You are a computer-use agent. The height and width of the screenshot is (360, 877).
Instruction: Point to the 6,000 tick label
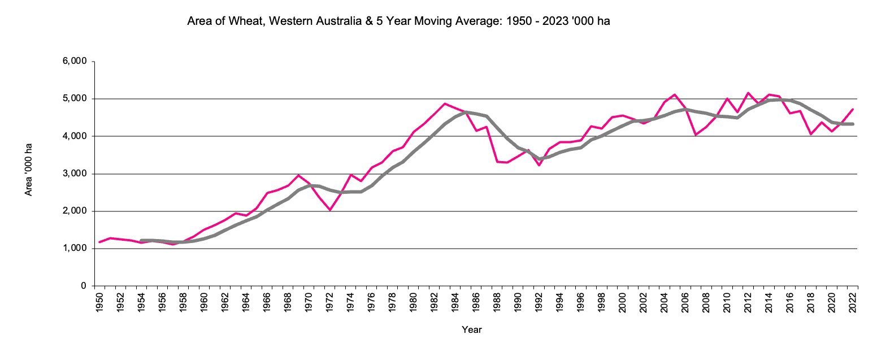click(75, 62)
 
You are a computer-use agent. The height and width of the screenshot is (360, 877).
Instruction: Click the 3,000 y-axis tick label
click(75, 174)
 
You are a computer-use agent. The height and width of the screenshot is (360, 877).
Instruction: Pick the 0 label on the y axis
click(83, 286)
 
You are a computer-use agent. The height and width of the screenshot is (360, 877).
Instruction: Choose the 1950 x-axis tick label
click(99, 300)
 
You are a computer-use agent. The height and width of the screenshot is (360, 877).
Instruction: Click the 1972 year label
click(329, 300)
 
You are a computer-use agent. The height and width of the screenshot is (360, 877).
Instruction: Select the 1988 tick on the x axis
click(497, 300)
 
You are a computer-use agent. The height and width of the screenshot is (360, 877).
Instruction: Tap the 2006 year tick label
click(685, 300)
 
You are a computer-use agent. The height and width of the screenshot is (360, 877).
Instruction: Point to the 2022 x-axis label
click(852, 300)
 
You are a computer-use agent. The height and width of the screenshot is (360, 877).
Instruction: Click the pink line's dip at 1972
click(329, 210)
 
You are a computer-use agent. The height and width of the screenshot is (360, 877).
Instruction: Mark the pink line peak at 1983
click(445, 103)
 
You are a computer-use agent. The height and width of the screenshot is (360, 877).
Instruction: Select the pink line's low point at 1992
click(539, 166)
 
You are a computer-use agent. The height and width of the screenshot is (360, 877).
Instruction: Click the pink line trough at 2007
click(696, 135)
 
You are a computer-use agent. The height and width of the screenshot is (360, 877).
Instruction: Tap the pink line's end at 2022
click(852, 109)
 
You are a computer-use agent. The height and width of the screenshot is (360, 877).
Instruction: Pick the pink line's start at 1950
click(99, 242)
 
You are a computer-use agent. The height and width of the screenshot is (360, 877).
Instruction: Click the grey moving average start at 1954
click(141, 240)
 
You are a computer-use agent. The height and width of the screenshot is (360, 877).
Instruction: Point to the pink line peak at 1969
click(298, 175)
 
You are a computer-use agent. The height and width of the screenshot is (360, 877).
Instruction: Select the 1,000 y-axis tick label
click(75, 249)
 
